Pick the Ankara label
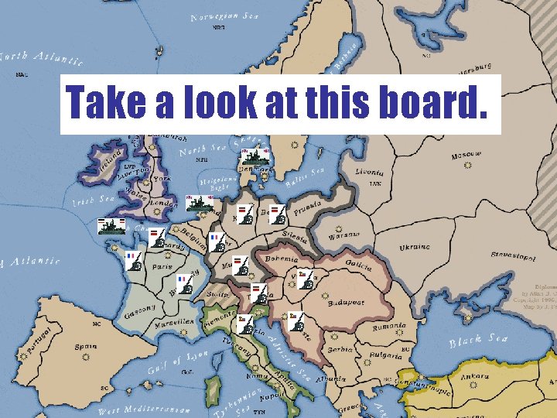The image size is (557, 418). coord(473,379)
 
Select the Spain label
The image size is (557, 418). coord(86,347)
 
